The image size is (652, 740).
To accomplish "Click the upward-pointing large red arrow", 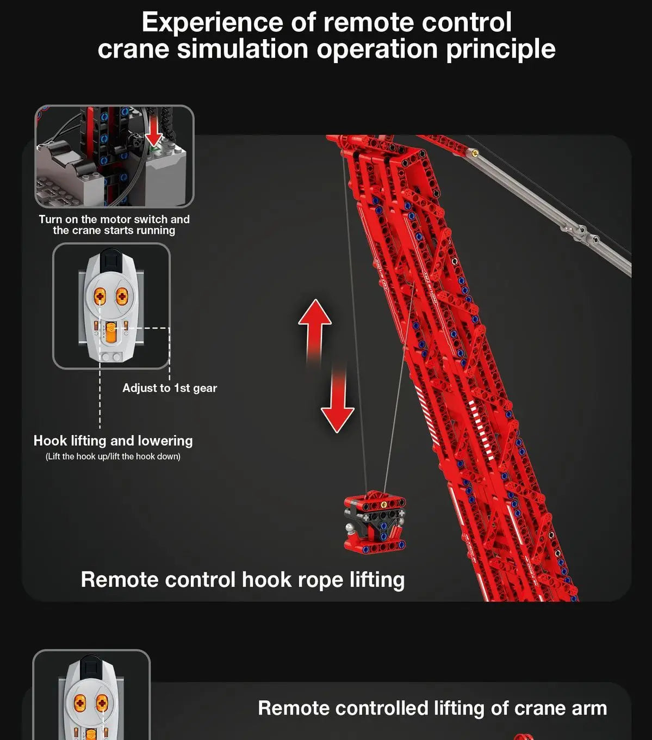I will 315,326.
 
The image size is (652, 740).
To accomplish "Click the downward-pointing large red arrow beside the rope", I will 338,405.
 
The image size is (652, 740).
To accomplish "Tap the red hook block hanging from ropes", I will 375,523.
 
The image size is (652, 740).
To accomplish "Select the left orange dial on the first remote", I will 100,296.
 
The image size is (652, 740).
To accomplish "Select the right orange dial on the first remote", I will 122,296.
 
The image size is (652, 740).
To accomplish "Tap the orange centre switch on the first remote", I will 111,332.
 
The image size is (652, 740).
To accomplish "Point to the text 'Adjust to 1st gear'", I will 169,388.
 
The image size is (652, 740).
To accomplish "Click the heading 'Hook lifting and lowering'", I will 113,441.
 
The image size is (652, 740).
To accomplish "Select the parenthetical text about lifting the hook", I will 113,457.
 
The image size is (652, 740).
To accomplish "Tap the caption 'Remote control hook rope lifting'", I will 243,579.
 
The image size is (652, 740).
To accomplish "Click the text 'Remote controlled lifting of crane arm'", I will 432,708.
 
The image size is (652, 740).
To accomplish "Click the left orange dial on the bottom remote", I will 80,704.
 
